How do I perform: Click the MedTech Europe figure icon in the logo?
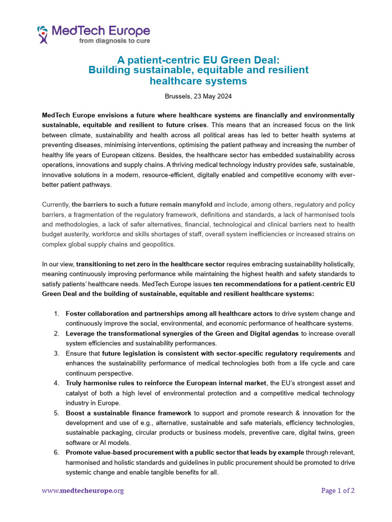[x=43, y=35]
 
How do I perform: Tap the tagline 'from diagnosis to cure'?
[x=114, y=41]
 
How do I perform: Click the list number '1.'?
[x=57, y=314]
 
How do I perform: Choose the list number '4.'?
[x=57, y=383]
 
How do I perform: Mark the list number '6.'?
[x=57, y=453]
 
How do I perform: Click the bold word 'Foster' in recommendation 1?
[x=76, y=314]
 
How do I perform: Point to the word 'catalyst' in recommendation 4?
[x=79, y=393]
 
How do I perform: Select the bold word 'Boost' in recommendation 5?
[x=77, y=413]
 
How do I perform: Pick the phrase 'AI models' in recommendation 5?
[x=107, y=443]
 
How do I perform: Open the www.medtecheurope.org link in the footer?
[x=83, y=491]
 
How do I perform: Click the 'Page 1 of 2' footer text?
[x=338, y=491]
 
